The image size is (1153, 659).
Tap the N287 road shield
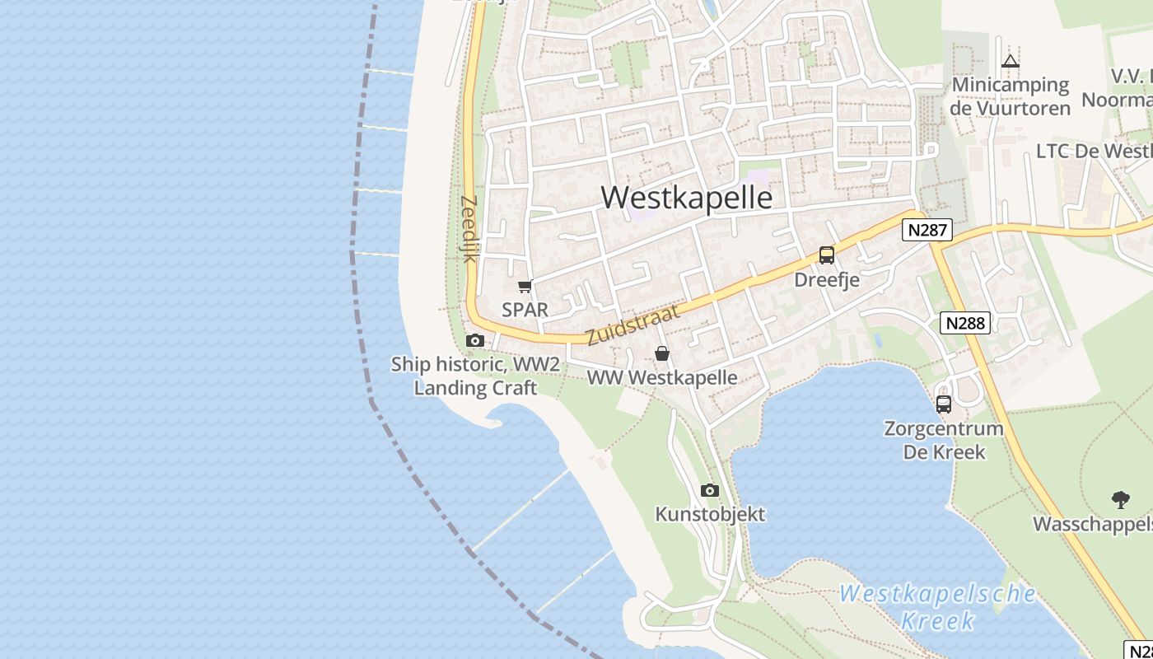point(927,230)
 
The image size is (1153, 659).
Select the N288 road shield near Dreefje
point(965,323)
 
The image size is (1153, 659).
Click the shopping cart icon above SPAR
point(525,287)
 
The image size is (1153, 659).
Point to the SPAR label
point(525,310)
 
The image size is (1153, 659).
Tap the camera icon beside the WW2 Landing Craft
point(474,341)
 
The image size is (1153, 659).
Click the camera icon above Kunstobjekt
point(709,491)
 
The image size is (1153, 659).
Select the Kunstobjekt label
point(709,515)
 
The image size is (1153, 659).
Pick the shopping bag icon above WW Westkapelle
point(661,354)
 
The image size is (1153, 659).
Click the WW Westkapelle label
point(661,378)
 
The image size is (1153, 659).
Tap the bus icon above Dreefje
point(826,255)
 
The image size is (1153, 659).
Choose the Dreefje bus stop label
point(826,280)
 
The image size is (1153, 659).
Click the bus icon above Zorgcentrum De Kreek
point(943,404)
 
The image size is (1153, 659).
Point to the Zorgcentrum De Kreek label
point(943,440)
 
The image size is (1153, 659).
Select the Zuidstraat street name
point(633,325)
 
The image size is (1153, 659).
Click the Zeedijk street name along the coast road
point(469,228)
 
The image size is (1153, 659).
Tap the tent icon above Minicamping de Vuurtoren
point(1011,61)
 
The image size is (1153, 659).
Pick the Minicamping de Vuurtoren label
point(1010,96)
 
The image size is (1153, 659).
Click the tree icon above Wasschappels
point(1120,499)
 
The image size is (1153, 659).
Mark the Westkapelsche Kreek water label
point(938,606)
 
